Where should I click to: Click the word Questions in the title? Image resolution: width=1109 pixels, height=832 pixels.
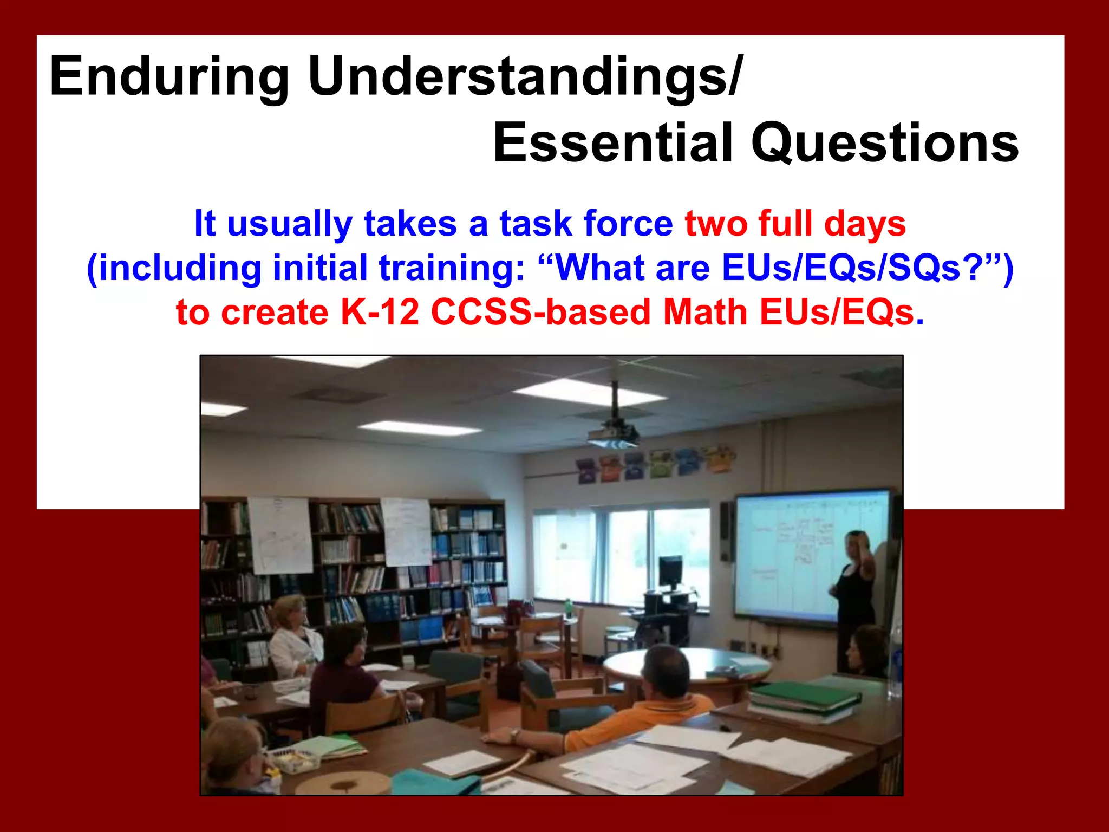pyautogui.click(x=885, y=143)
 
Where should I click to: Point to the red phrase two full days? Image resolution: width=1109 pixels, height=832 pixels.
pyautogui.click(x=795, y=223)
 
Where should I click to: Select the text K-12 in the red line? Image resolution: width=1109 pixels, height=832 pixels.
pyautogui.click(x=380, y=313)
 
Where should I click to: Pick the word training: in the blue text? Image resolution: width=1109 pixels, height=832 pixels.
pyautogui.click(x=452, y=268)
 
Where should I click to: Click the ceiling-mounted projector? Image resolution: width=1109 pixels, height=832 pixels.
pyautogui.click(x=613, y=433)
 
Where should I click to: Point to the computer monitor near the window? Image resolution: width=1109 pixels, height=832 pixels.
pyautogui.click(x=670, y=572)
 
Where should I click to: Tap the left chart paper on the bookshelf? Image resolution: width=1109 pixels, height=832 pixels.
pyautogui.click(x=280, y=535)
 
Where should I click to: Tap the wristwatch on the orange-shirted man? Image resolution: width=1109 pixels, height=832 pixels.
pyautogui.click(x=514, y=735)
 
